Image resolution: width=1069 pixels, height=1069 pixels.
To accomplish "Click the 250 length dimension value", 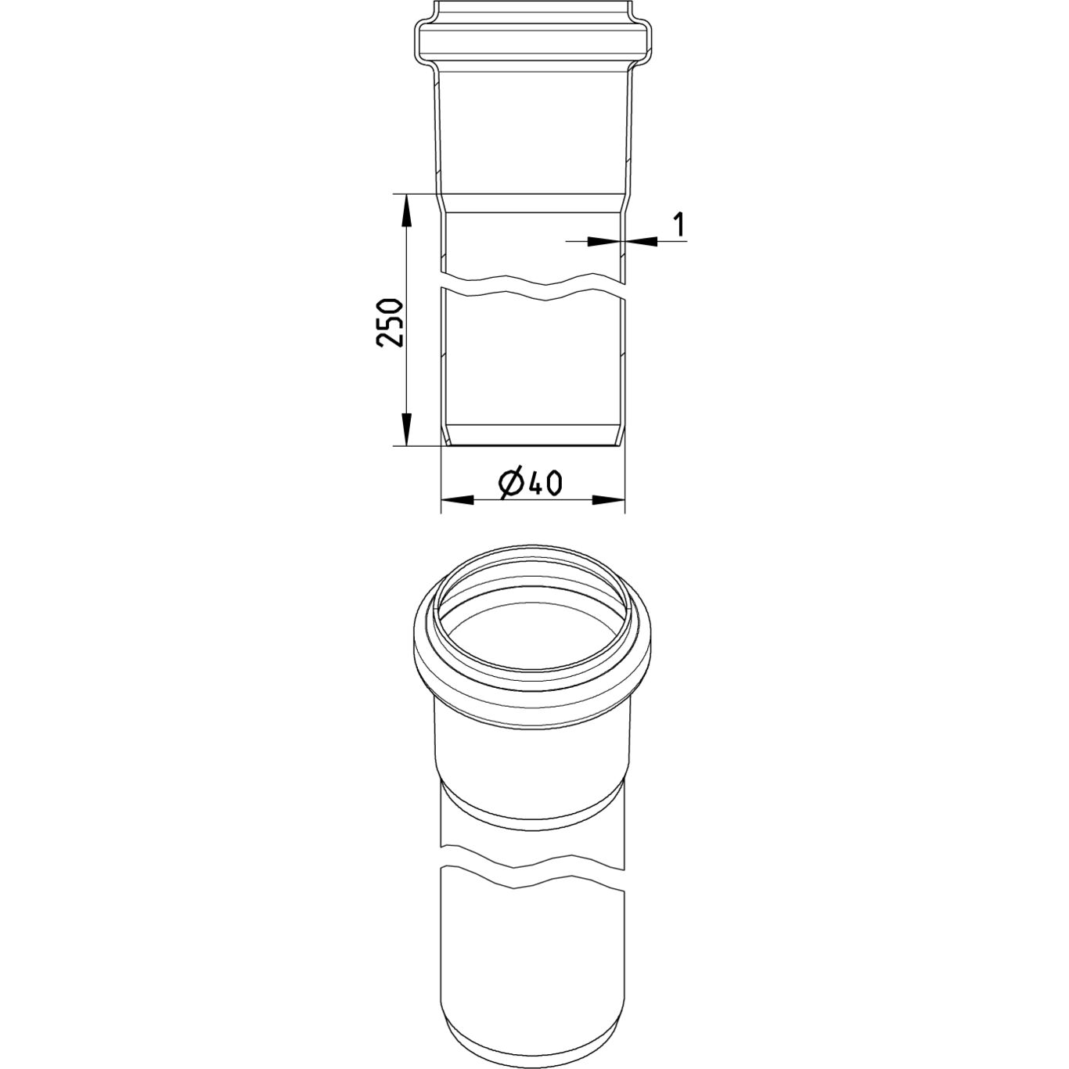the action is tap(388, 323).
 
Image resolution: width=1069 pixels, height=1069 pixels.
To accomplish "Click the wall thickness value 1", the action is tap(678, 224).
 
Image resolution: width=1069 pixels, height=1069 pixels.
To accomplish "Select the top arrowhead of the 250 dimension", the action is tap(407, 211).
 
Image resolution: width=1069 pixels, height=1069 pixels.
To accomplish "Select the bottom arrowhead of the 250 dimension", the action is tap(407, 429).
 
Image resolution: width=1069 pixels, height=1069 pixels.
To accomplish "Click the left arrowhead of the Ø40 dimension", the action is tap(458, 500).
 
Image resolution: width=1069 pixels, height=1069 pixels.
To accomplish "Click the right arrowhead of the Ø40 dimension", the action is tap(609, 500).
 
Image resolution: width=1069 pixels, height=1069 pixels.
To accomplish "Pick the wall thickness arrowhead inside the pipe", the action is tap(604, 241).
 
